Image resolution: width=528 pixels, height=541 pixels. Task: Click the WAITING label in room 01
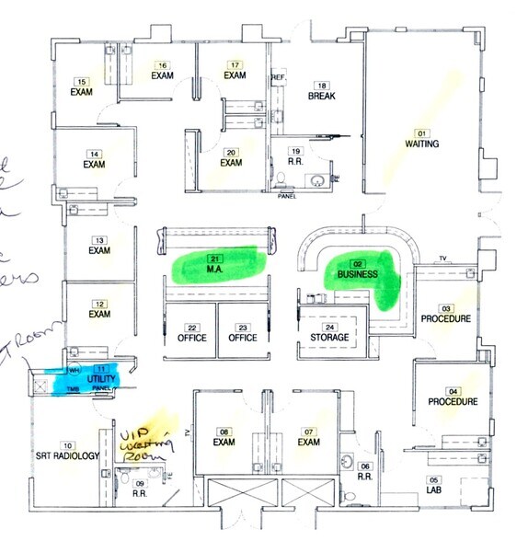(422, 144)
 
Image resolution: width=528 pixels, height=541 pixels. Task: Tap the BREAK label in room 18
(320, 96)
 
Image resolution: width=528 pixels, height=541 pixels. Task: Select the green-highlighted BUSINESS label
(358, 274)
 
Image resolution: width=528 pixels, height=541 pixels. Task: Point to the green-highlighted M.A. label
(217, 270)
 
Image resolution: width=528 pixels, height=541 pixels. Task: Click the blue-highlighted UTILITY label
(98, 379)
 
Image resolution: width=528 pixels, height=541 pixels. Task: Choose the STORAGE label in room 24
(329, 338)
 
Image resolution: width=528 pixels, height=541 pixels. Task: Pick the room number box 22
(191, 327)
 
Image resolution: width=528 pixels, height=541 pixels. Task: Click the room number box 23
(243, 327)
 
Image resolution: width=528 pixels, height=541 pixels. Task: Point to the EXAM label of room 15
(83, 93)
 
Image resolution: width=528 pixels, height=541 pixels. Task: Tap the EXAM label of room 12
(99, 314)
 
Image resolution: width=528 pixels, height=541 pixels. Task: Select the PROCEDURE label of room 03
(446, 318)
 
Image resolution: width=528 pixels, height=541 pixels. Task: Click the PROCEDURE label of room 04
(452, 401)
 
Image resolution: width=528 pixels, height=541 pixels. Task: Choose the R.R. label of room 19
(296, 162)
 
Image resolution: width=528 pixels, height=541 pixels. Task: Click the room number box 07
(309, 432)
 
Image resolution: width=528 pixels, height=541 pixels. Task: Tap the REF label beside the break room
(276, 77)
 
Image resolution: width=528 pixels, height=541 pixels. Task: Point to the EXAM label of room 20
(230, 163)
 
